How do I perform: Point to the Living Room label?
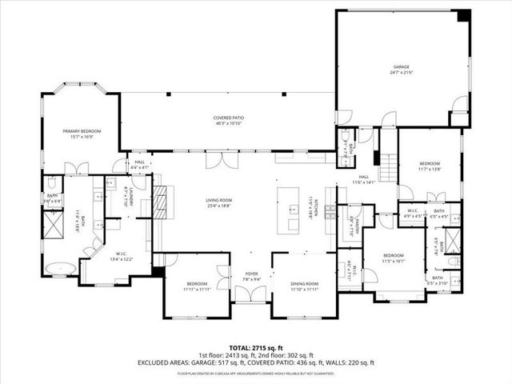pos(218,202)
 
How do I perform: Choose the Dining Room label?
pos(305,286)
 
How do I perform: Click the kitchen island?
pos(288,210)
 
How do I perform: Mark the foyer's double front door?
pos(251,294)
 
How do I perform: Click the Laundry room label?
pos(126,197)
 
